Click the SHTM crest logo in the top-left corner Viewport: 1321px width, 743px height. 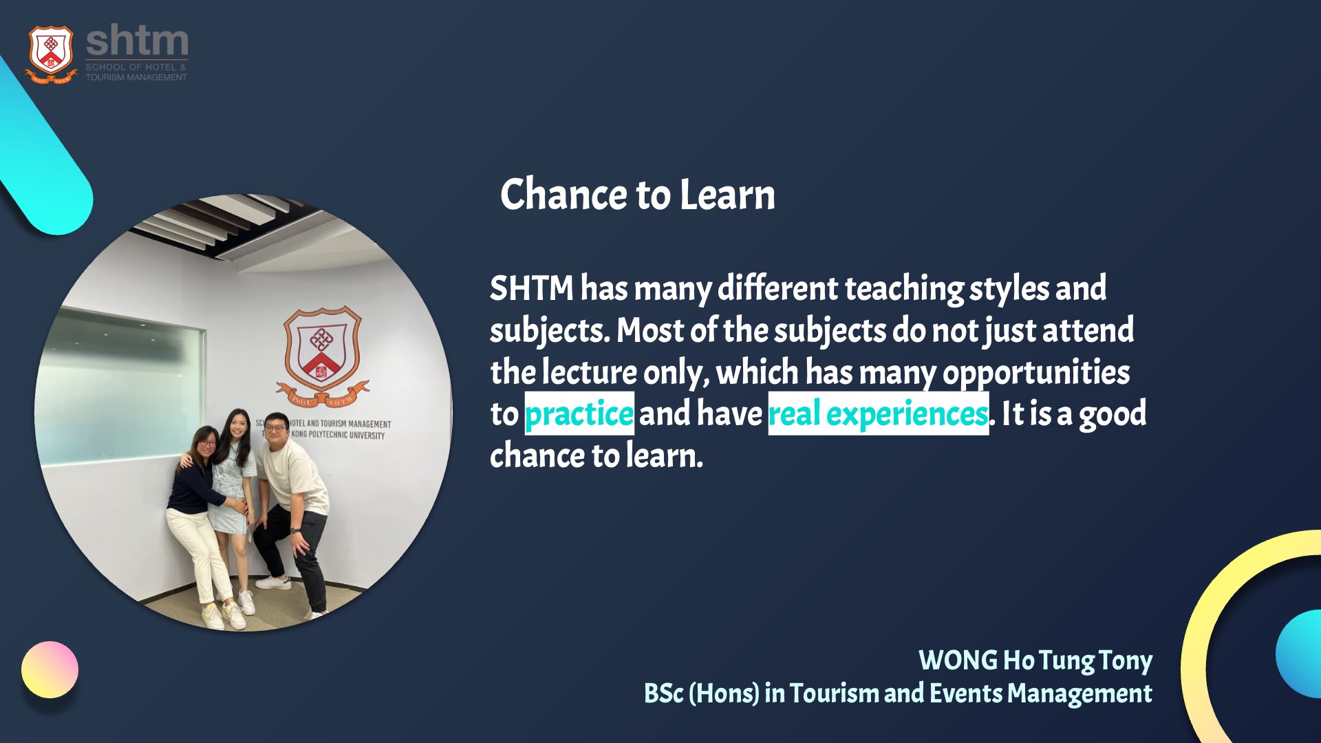click(51, 54)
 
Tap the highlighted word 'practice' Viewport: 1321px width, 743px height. click(579, 413)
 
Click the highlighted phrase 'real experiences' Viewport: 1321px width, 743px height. click(879, 413)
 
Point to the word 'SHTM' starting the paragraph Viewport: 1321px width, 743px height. click(532, 288)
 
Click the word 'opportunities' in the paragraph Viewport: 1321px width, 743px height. click(1036, 373)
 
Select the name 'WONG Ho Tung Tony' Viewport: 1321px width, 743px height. click(1035, 660)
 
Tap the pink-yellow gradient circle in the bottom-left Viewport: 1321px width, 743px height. click(50, 669)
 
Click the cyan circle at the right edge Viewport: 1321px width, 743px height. click(1300, 654)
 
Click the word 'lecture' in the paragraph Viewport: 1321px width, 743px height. click(590, 372)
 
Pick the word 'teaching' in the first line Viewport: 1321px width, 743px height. click(904, 289)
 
